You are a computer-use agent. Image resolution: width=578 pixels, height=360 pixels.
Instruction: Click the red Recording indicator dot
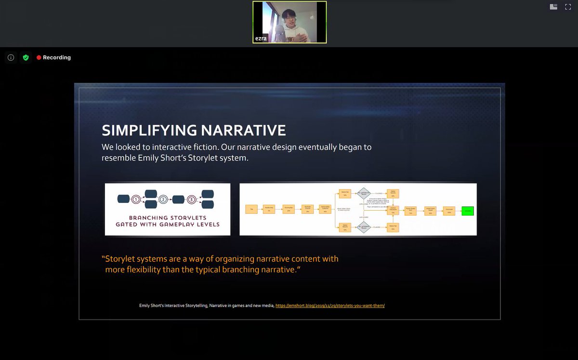pos(39,57)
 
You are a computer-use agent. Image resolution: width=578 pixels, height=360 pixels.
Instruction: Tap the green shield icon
pos(26,57)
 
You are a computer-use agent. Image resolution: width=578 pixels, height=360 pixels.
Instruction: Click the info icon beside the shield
pos(11,57)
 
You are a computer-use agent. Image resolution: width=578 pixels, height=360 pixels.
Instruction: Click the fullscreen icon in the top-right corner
pos(568,7)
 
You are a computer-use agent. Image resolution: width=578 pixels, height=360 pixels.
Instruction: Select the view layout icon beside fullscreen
pos(553,7)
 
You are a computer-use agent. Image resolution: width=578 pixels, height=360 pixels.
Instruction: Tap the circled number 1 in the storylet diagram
pos(136,199)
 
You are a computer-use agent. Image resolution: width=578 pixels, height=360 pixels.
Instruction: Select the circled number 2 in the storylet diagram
pos(163,199)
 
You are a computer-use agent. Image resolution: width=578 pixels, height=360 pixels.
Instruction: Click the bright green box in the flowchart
pos(467,211)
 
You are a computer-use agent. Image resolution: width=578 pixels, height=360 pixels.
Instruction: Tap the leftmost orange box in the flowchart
pos(250,210)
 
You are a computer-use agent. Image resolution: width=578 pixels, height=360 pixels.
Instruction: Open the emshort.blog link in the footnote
pos(330,306)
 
